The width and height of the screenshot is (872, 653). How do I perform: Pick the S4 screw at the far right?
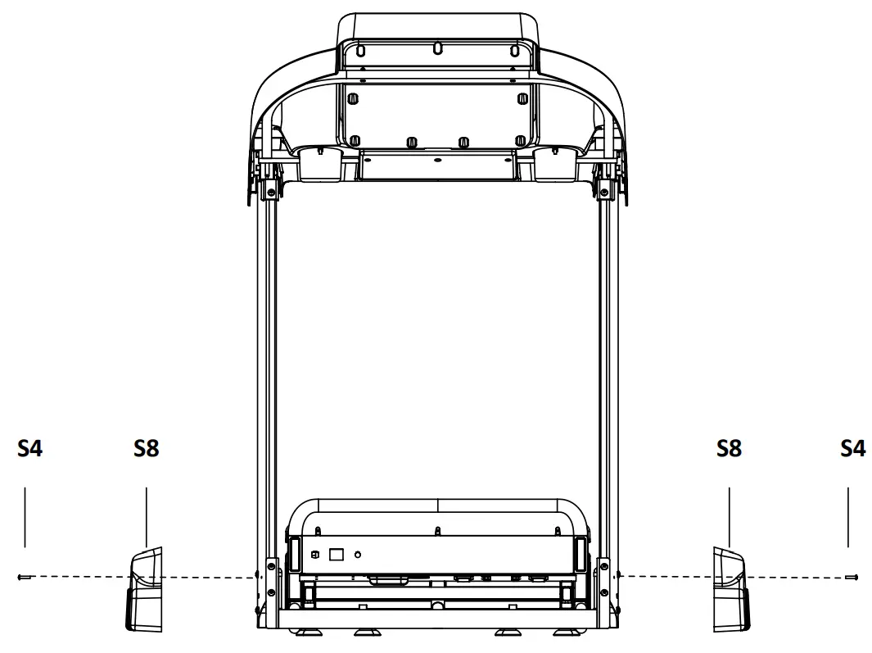click(852, 577)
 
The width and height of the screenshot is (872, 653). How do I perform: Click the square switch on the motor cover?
click(336, 554)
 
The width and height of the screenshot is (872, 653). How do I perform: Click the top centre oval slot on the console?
click(437, 48)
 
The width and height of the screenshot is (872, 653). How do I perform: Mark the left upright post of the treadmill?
click(269, 369)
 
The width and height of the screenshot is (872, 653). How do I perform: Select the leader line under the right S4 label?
click(848, 517)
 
